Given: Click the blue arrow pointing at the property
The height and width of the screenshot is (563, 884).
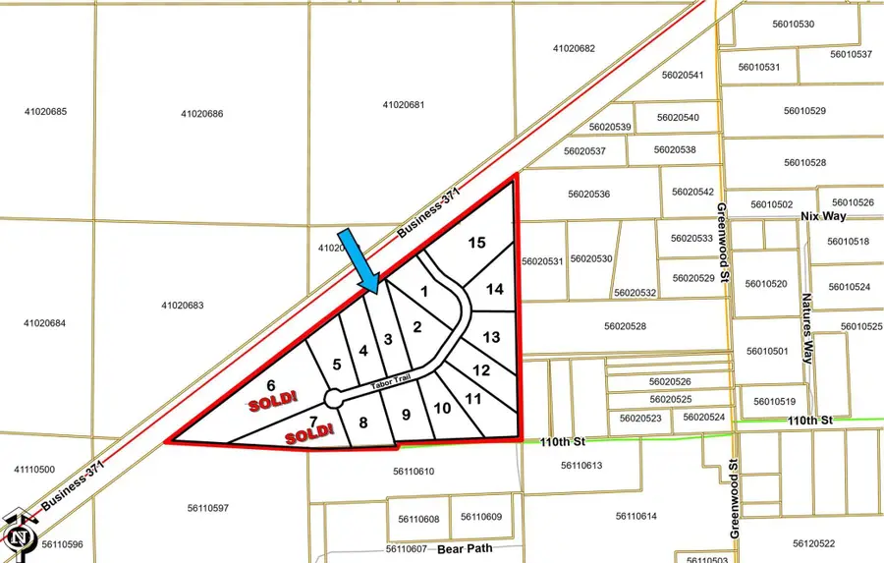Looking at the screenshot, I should click(x=357, y=260).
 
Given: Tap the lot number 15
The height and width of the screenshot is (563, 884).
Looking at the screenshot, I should click(x=476, y=242).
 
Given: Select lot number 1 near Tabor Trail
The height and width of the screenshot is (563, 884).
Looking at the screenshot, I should click(x=424, y=291).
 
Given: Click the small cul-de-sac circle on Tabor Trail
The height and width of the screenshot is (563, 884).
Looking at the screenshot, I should click(x=333, y=398).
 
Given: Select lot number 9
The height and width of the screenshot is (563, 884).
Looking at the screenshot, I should click(x=406, y=414).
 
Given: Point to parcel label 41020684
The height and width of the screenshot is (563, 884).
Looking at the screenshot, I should click(x=45, y=323).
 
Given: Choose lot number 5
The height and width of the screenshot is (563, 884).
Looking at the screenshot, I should click(x=336, y=364).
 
